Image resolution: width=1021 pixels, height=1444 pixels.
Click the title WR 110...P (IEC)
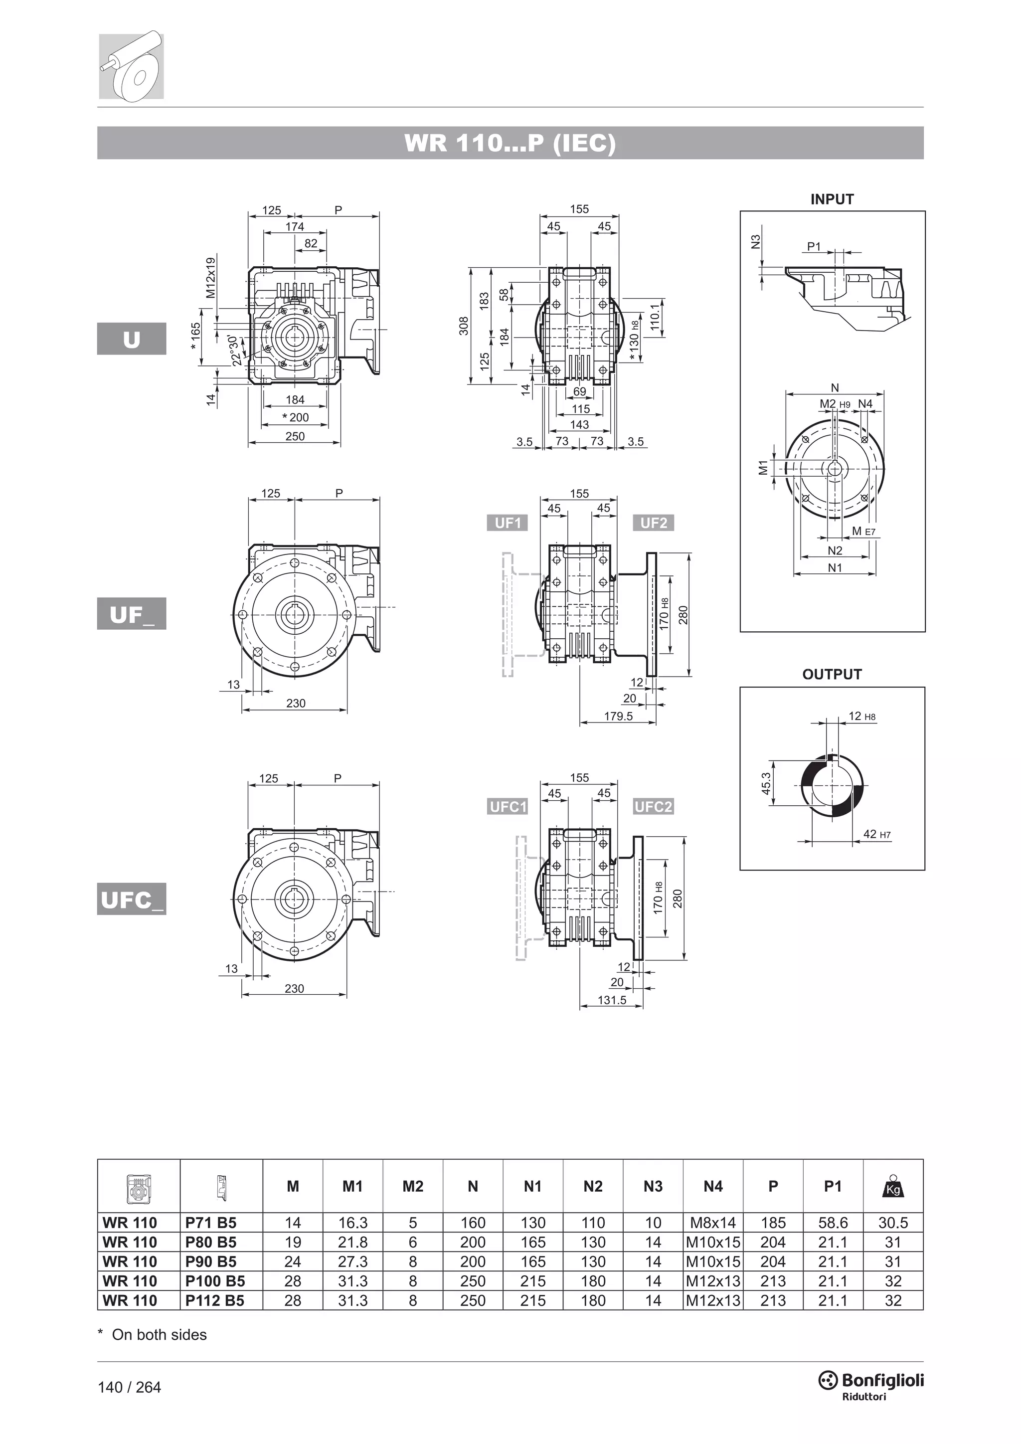pyautogui.click(x=510, y=144)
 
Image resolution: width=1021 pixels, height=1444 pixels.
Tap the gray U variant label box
pyautogui.click(x=132, y=339)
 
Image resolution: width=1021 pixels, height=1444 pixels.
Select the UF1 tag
pyautogui.click(x=508, y=523)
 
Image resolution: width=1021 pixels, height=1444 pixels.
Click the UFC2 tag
pyautogui.click(x=653, y=807)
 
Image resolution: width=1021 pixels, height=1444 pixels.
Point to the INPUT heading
pyautogui.click(x=832, y=199)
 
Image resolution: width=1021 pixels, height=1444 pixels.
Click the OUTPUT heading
pyautogui.click(x=832, y=674)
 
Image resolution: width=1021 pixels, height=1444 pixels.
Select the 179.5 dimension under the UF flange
pyautogui.click(x=618, y=717)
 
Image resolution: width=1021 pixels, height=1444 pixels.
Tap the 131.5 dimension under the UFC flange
pyautogui.click(x=612, y=1000)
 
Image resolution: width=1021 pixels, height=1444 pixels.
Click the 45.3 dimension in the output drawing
pyautogui.click(x=766, y=784)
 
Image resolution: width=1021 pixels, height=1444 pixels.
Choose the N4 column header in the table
pyautogui.click(x=713, y=1186)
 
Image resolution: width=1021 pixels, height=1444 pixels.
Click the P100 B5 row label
pyautogui.click(x=215, y=1281)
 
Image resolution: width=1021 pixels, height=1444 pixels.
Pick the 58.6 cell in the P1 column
pyautogui.click(x=833, y=1223)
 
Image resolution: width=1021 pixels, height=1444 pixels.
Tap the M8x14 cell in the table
pyautogui.click(x=713, y=1223)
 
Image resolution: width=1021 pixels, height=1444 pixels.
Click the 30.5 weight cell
pyautogui.click(x=893, y=1223)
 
